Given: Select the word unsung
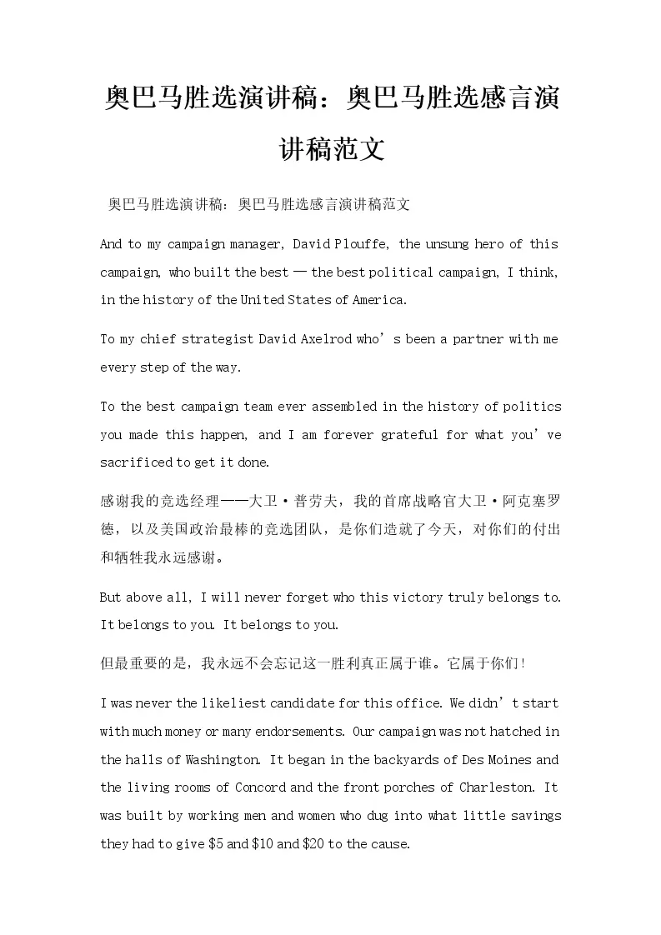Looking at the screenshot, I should [x=450, y=244].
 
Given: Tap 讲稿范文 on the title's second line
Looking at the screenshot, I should [x=331, y=149].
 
